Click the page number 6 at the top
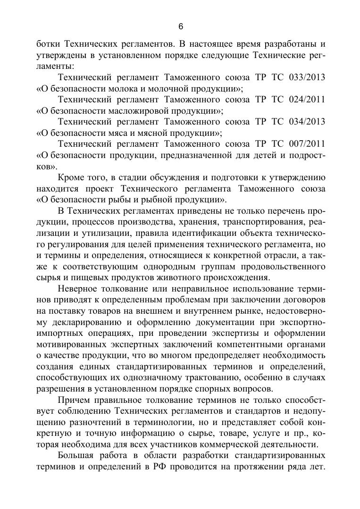pos(180,26)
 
